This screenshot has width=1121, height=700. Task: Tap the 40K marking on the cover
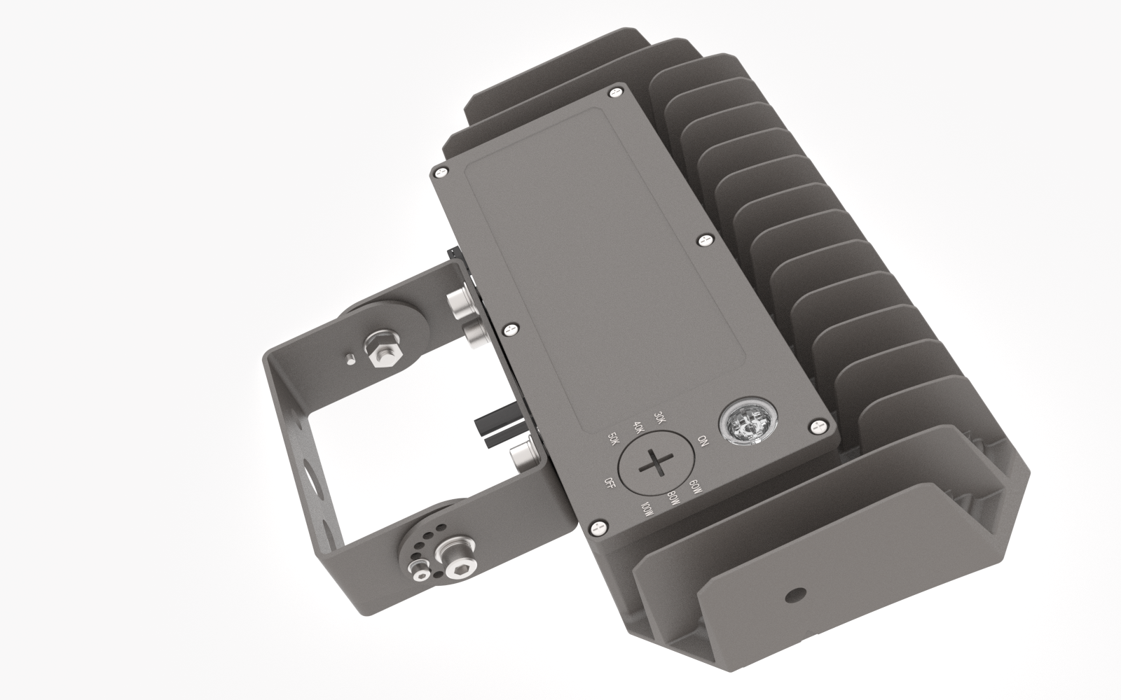(x=638, y=428)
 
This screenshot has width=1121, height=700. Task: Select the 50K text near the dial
(x=614, y=440)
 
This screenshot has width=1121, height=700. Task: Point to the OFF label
(x=611, y=482)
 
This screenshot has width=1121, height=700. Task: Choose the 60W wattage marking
(x=695, y=486)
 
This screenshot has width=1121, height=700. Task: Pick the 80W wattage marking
(x=674, y=498)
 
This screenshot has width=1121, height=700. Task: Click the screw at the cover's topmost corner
(x=616, y=90)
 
